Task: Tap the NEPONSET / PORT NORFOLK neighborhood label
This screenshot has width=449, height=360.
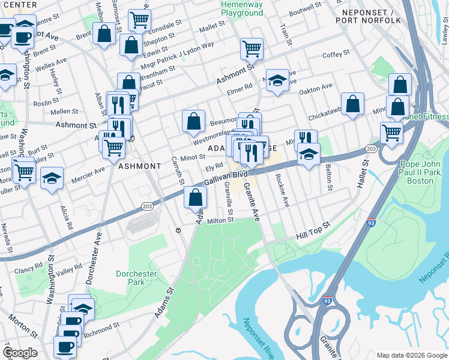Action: [x=370, y=16]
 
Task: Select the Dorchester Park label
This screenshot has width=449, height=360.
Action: [x=136, y=278]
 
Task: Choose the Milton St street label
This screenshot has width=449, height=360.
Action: [x=220, y=221]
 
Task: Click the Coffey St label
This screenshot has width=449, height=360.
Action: [x=332, y=55]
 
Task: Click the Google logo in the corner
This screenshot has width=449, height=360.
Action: [x=20, y=353]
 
